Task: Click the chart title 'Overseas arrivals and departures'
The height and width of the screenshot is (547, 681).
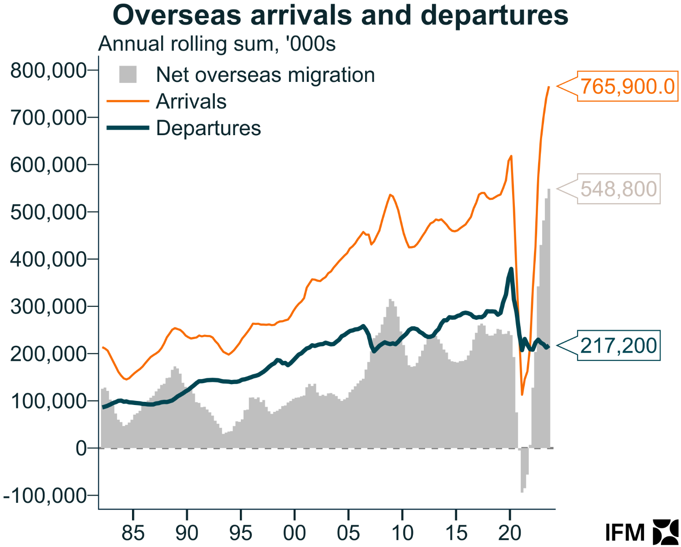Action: point(340,15)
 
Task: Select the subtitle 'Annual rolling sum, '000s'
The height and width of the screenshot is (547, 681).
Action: point(217,44)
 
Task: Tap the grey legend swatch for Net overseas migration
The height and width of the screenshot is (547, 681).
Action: point(128,75)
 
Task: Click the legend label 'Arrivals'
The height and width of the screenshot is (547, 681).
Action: point(191,101)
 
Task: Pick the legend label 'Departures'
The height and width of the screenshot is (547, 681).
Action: point(208,128)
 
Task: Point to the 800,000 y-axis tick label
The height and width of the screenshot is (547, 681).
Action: point(48,71)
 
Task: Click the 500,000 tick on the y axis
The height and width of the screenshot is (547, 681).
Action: point(48,212)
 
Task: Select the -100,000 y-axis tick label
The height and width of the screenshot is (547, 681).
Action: point(45,496)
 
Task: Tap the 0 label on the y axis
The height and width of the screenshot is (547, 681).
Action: point(81,448)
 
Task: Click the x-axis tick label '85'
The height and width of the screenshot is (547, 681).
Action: point(133,533)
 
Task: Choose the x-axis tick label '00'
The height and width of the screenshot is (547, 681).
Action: point(295,533)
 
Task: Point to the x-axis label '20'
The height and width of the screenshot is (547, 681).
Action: point(510,533)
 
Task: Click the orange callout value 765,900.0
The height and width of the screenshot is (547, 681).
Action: point(627,86)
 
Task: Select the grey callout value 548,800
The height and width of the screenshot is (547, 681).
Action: point(618,189)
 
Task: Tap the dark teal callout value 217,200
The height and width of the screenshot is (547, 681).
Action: point(618,346)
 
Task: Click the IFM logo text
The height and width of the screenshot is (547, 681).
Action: point(625,532)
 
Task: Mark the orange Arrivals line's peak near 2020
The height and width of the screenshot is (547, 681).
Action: point(511,157)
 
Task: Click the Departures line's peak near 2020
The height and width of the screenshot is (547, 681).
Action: point(511,269)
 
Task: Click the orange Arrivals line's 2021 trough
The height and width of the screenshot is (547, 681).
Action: point(522,394)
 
